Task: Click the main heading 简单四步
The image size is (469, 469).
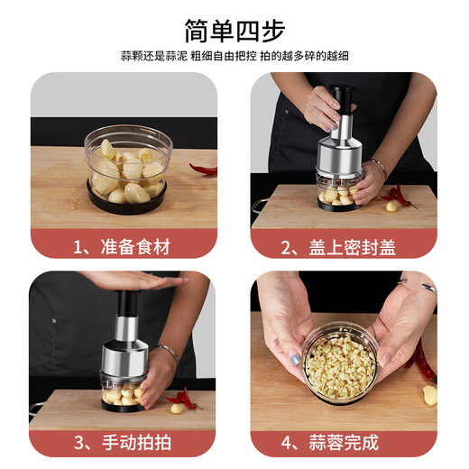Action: tap(234, 30)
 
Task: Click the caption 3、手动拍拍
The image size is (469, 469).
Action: tap(123, 443)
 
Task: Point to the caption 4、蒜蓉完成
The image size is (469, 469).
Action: tap(344, 443)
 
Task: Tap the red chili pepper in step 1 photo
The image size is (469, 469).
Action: tap(204, 169)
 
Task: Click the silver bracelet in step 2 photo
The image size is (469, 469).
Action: tap(377, 167)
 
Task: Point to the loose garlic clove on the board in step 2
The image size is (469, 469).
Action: tap(391, 207)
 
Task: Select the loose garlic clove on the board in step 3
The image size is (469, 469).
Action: tap(177, 409)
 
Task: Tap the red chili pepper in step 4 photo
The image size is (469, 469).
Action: tap(420, 361)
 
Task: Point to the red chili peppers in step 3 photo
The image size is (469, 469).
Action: tap(184, 398)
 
